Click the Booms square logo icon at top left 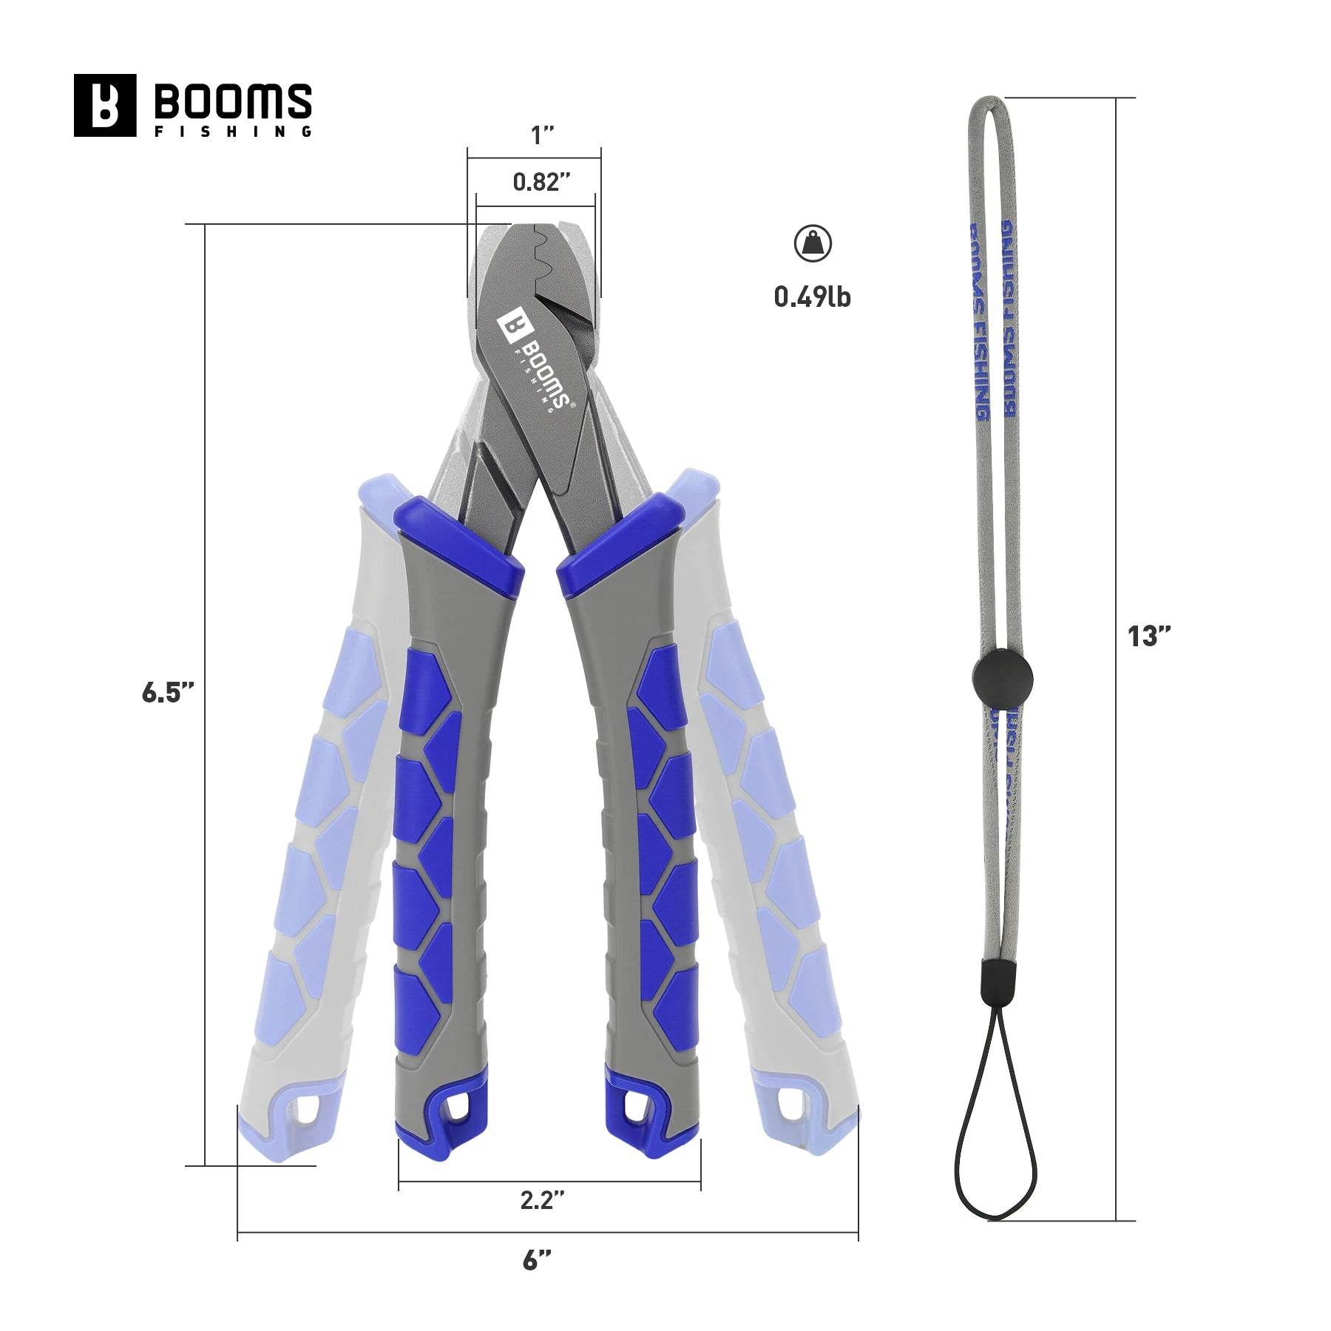pos(105,105)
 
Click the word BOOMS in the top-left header pos(232,100)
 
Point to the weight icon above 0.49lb pos(813,243)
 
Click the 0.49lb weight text pos(813,297)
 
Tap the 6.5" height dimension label pos(168,693)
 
